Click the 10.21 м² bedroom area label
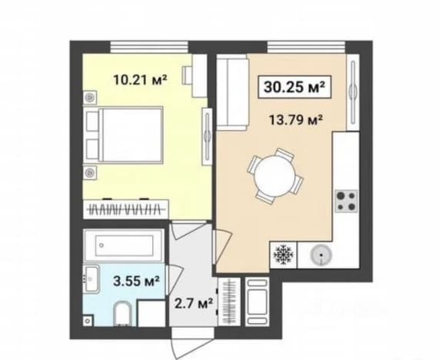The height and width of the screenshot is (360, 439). coord(140,80)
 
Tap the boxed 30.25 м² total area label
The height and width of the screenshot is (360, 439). coord(294,87)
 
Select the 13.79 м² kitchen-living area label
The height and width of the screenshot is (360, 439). coord(296,120)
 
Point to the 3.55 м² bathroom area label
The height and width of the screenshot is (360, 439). coord(136,281)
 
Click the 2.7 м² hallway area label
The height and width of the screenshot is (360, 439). coord(194,303)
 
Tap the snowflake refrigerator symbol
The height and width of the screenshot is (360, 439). coord(283,255)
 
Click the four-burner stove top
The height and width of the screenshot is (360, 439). coord(346,201)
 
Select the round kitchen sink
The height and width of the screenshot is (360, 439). coord(321,255)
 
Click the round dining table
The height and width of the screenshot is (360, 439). coord(275,176)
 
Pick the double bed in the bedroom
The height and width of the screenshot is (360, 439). coord(123,135)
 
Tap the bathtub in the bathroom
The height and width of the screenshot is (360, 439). coord(124,245)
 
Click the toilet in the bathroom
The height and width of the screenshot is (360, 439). coord(123,314)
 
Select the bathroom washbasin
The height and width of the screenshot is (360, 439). coord(91,279)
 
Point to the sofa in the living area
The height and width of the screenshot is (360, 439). coord(233,92)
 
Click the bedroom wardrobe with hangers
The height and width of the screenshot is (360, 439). coord(126,209)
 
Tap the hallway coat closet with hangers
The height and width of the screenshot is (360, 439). coord(229,302)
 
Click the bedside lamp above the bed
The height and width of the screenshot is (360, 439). coord(90,98)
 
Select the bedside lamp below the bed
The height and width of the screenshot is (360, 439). coord(90,172)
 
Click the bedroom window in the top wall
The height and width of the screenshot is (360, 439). coord(149,47)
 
